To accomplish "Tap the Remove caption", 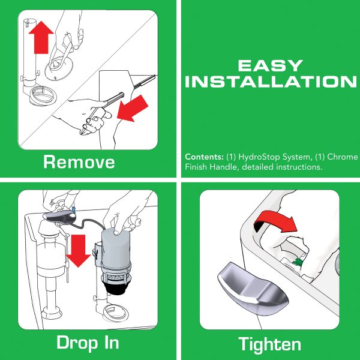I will point(79,161).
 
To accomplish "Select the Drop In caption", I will point(88,343).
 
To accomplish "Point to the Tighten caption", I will point(269,344).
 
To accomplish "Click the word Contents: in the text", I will point(203,157).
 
